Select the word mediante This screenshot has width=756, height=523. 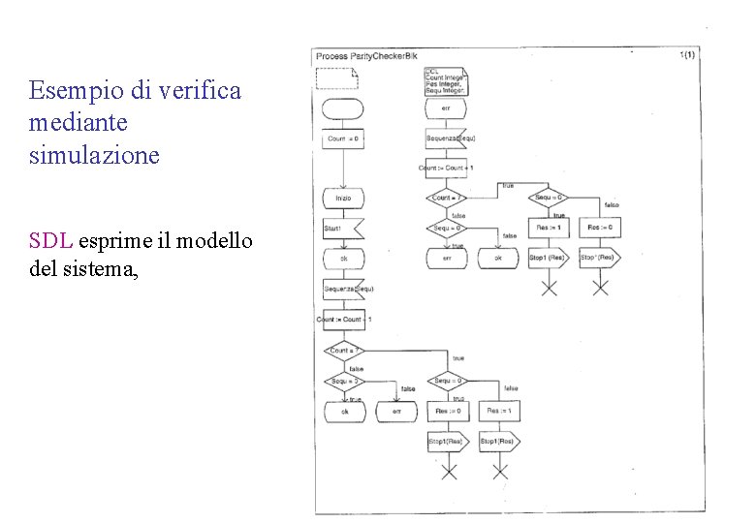[79, 124]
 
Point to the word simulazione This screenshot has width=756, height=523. [94, 156]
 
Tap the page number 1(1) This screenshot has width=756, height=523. [687, 56]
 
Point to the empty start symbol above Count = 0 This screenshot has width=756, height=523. [343, 108]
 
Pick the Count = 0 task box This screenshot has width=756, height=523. [343, 138]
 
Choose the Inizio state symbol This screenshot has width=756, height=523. [343, 198]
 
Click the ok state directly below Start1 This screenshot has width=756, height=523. [343, 259]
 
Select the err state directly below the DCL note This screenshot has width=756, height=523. [446, 108]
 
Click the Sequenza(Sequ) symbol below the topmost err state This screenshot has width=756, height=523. [449, 138]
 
